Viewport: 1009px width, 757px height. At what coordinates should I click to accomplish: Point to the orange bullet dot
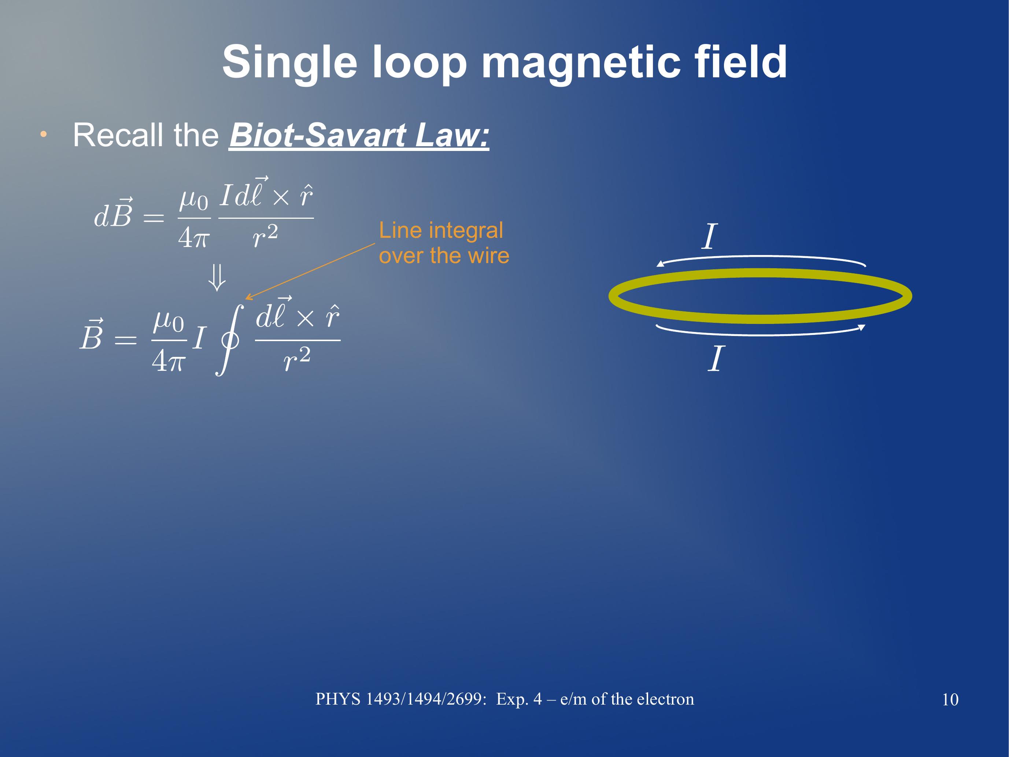pos(43,134)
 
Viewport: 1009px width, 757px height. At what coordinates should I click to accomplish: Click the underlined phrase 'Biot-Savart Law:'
pos(359,135)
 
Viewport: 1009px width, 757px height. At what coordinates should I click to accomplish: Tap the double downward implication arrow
pos(217,278)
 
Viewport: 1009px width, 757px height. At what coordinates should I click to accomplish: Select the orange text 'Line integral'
pos(441,230)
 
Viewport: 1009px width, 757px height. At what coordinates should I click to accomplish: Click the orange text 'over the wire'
pos(444,255)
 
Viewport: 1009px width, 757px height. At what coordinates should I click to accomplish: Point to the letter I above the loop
pos(709,236)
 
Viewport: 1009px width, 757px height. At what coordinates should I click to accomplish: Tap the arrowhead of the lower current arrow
pos(862,327)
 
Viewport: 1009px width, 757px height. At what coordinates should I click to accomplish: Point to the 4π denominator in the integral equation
pos(168,361)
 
